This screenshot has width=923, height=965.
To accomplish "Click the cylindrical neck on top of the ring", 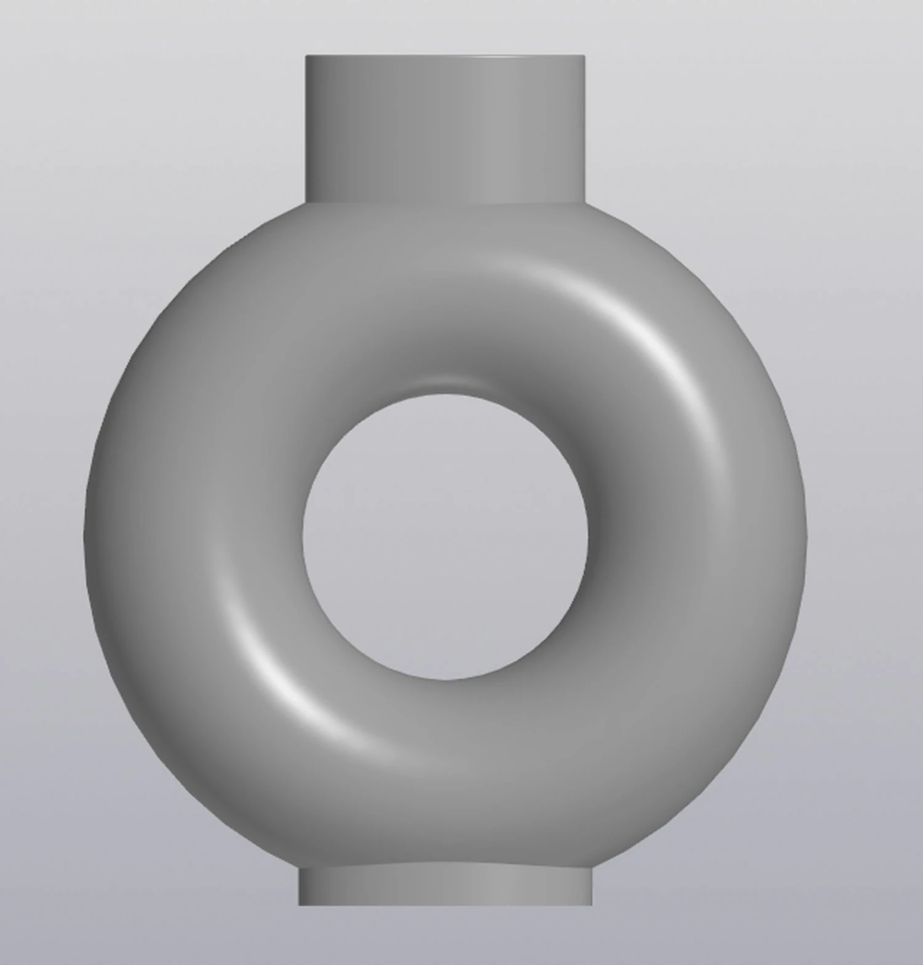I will pos(445,129).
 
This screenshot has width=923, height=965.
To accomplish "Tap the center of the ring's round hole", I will pos(445,537).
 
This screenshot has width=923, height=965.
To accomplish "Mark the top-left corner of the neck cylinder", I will pos(306,56).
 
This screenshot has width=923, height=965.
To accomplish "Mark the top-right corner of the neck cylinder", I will pos(585,56).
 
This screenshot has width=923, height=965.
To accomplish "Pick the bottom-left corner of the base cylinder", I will pos(299,905).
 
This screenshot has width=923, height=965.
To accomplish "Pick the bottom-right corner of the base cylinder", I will pos(592,905).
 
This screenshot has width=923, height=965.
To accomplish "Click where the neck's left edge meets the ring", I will pos(306,202).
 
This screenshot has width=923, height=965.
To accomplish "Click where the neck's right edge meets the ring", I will pos(585,202).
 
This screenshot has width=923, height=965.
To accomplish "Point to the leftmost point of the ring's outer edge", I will pos(84,535).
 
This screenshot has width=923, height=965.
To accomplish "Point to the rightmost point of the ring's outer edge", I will pos(807,535).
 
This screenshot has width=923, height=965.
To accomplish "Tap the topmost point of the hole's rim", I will pos(445,394).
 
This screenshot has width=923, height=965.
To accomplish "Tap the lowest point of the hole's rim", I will pos(445,680).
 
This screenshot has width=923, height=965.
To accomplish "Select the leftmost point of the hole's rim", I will pos(302,537).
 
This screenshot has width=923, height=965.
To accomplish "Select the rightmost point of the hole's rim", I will pos(588,537).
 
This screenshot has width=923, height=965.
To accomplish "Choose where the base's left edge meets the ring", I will pos(299,868).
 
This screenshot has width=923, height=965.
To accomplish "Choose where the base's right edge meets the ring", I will pos(592,868).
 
